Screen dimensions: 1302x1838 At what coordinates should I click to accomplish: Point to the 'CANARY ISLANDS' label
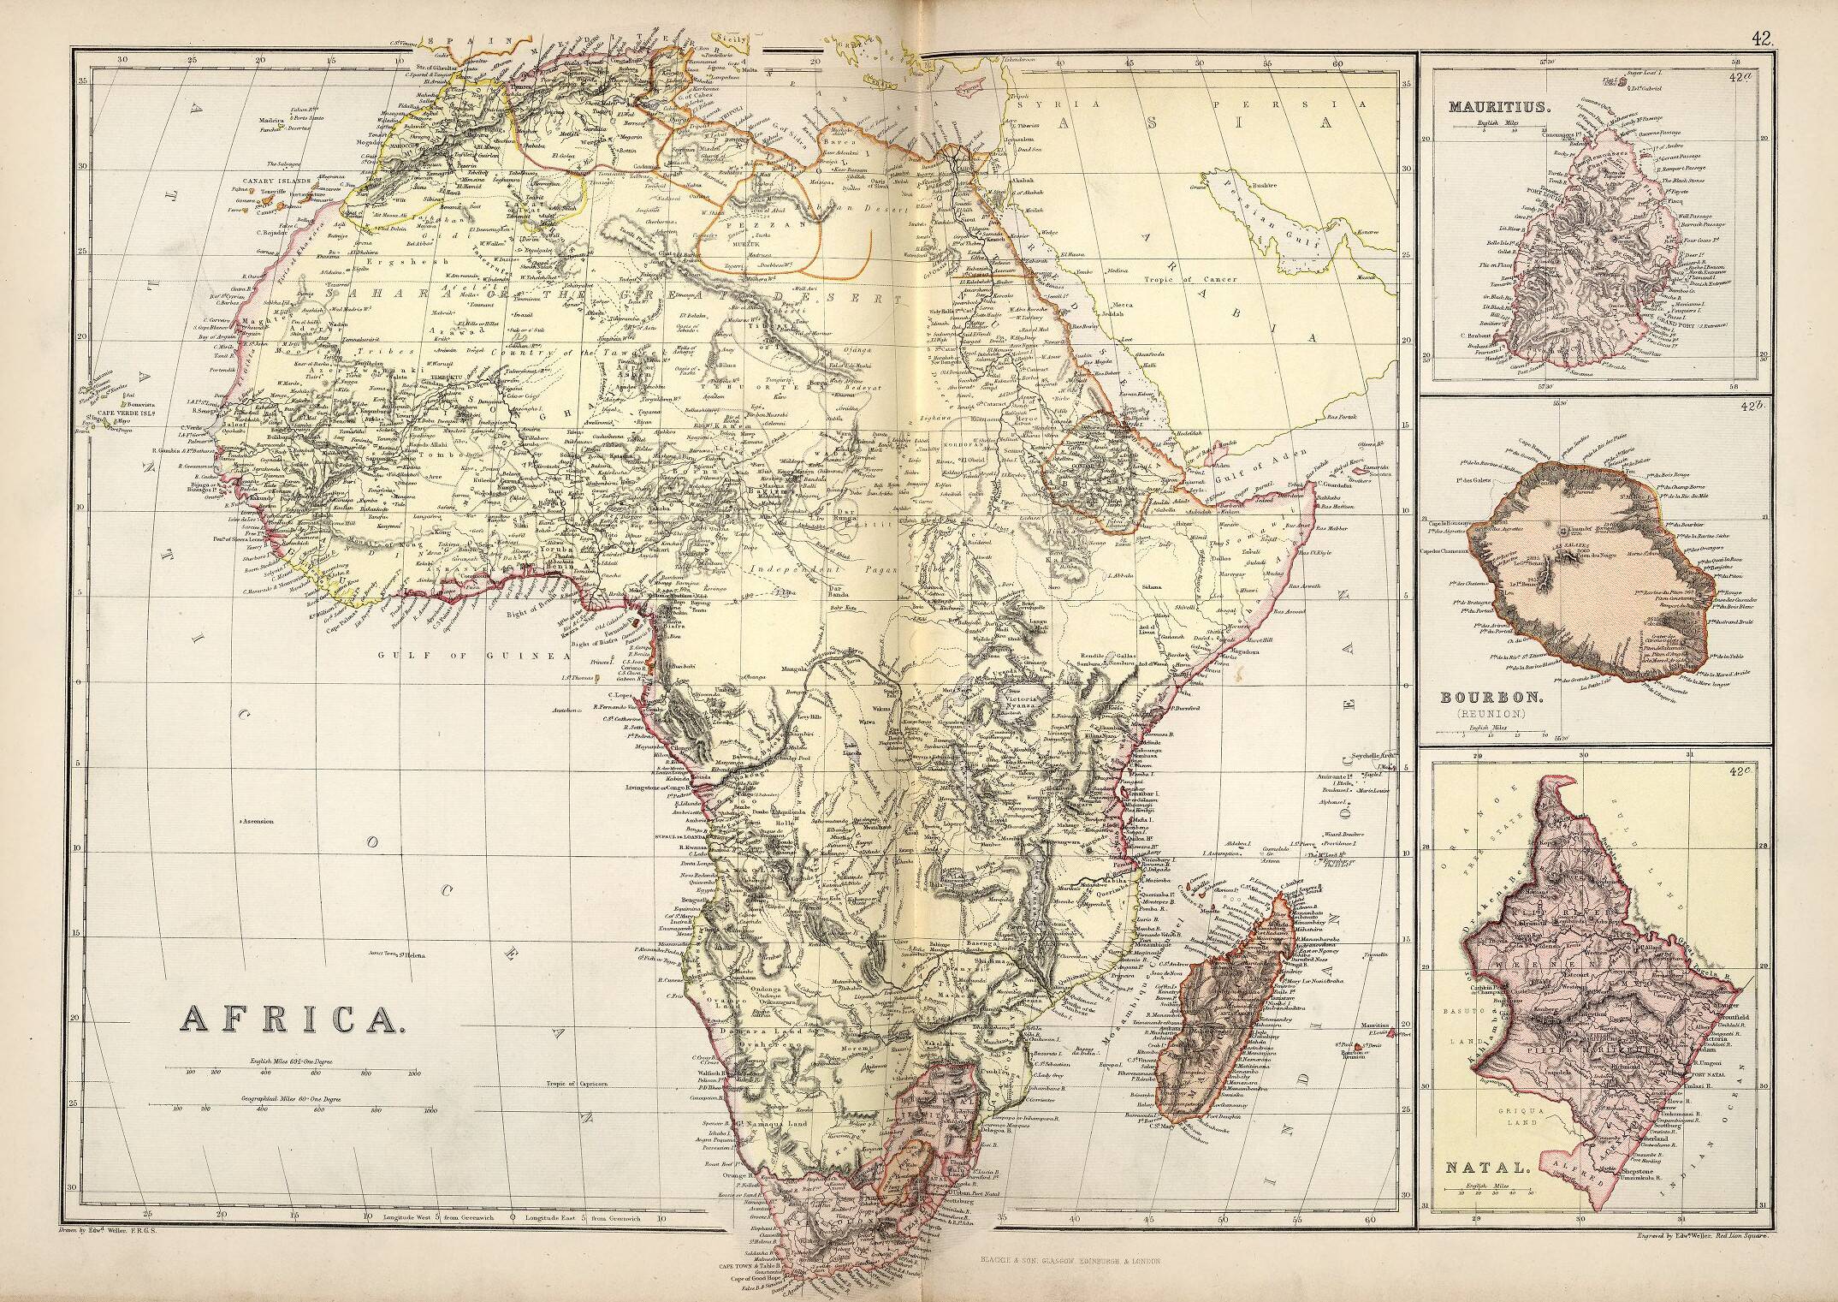[x=274, y=181]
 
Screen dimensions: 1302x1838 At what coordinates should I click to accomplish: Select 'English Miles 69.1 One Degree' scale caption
[x=292, y=1060]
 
